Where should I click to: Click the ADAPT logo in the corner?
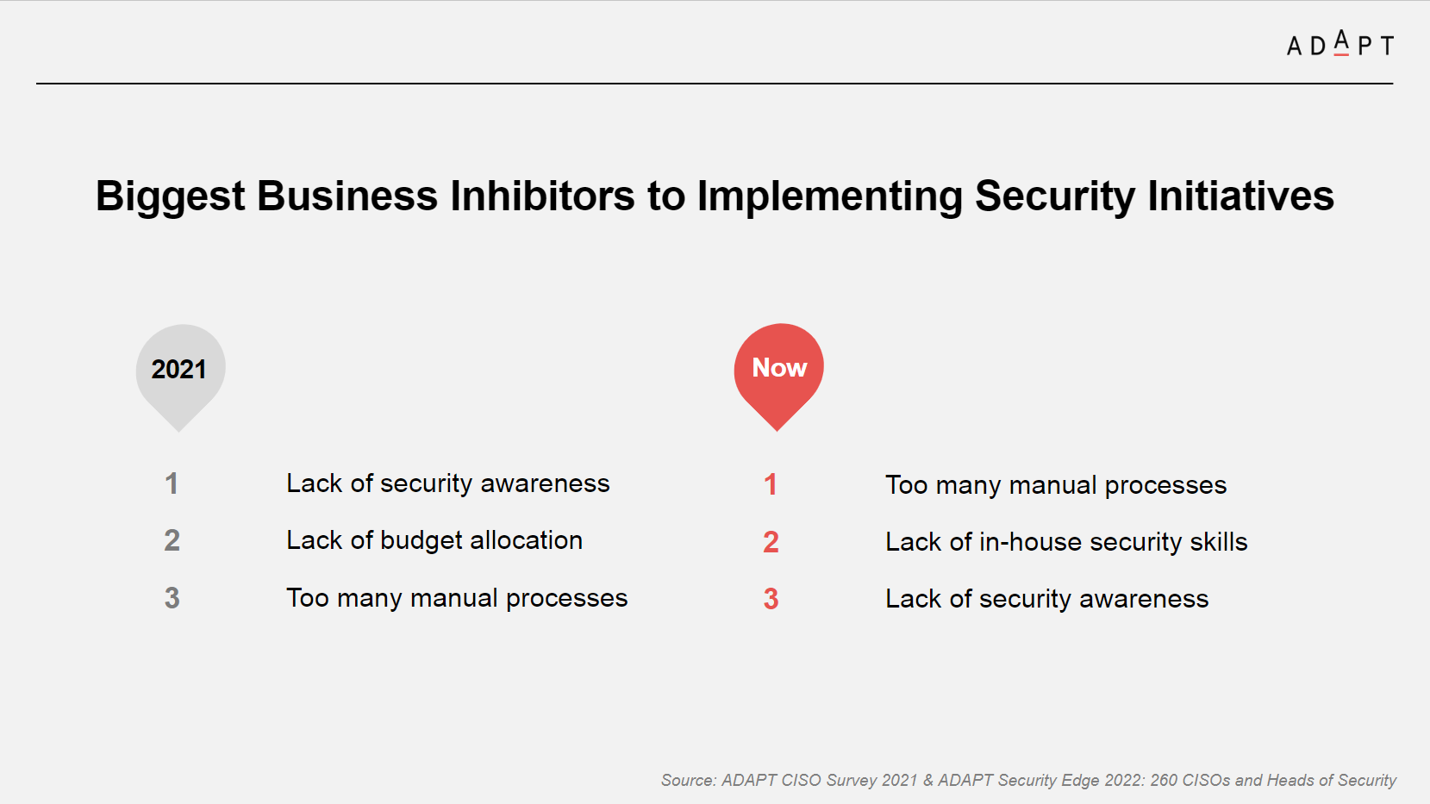coord(1339,44)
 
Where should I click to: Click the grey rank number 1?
coord(171,483)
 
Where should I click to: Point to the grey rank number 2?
coord(172,540)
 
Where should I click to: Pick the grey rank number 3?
coord(172,598)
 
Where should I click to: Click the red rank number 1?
coord(771,485)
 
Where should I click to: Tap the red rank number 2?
coord(771,542)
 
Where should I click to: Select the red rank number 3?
coord(771,599)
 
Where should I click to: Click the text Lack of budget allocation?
coord(434,540)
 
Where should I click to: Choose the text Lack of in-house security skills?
coord(1066,542)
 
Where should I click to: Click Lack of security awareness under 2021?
coord(447,483)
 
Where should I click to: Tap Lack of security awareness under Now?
coord(1047,599)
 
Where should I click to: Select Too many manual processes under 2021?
coord(457,599)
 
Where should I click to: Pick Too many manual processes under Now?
coord(1056,486)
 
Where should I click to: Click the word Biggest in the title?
coord(170,196)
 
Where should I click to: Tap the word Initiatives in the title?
coord(1240,196)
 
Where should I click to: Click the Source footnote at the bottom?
coord(1028,781)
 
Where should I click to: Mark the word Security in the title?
coord(1055,196)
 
